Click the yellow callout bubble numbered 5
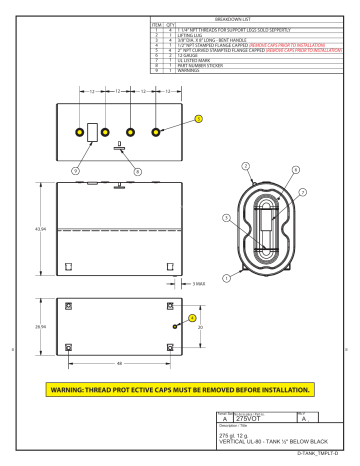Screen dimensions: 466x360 click(198, 118)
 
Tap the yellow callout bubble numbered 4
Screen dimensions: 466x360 click(191, 318)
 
